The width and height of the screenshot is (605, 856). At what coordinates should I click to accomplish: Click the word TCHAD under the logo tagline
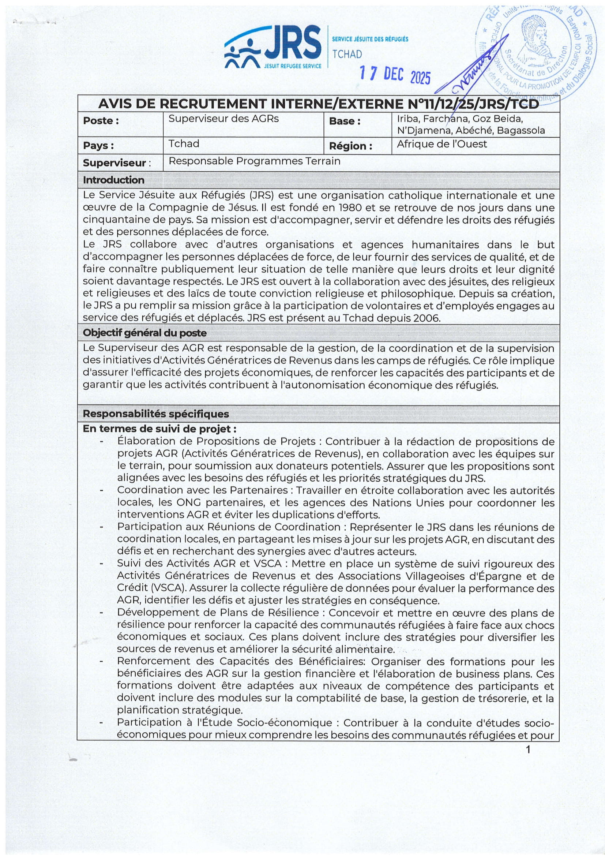click(x=347, y=55)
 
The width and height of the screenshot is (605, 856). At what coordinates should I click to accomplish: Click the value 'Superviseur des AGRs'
click(x=223, y=119)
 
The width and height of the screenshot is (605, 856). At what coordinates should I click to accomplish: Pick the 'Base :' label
click(x=345, y=121)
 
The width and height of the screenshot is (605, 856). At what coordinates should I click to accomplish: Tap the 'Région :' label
click(x=350, y=146)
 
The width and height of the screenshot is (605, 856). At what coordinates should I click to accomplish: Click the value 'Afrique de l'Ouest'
click(x=442, y=144)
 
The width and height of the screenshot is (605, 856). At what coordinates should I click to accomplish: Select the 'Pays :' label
click(x=98, y=146)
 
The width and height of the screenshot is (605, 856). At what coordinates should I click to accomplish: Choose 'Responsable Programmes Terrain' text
click(x=255, y=161)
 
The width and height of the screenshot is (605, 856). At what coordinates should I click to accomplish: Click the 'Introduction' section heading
click(x=114, y=180)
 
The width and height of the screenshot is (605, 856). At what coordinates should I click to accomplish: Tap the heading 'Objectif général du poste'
click(x=144, y=333)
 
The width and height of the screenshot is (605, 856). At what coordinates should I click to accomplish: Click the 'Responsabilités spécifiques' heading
click(x=156, y=414)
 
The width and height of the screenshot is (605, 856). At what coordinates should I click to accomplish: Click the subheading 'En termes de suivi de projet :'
click(x=159, y=429)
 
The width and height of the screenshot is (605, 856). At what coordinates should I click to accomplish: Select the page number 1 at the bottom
click(x=528, y=750)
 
